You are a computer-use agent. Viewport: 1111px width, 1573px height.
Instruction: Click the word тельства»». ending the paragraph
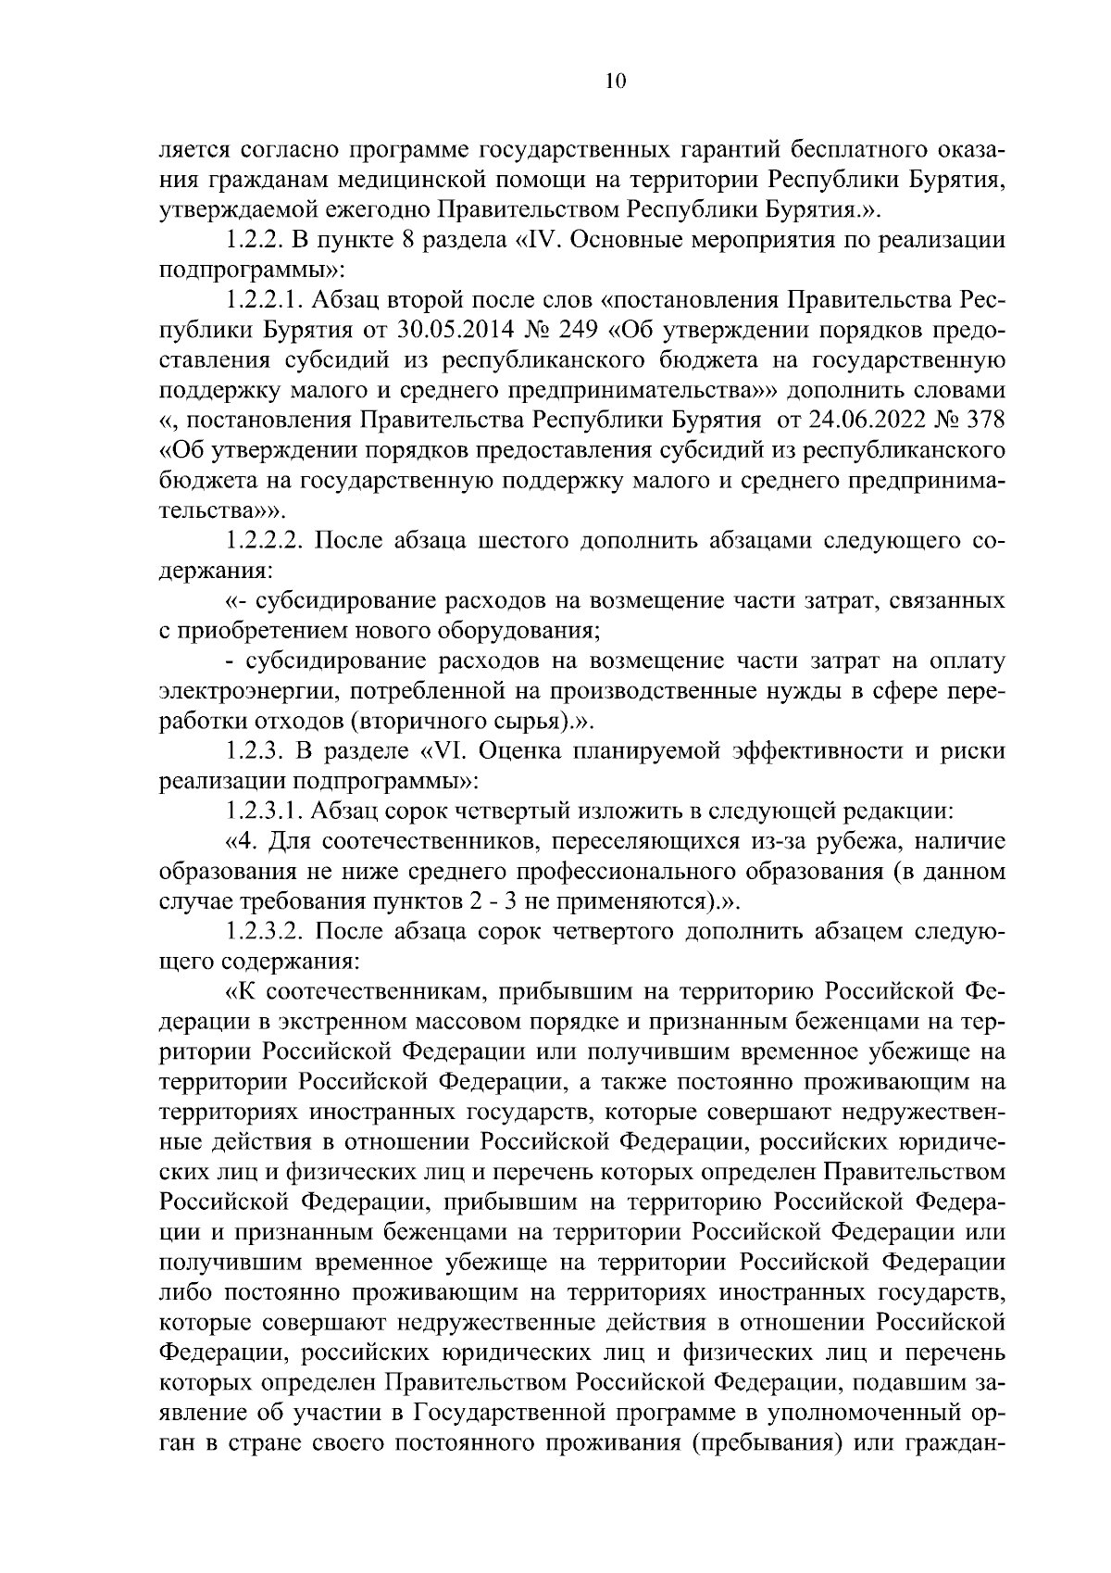tap(224, 510)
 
